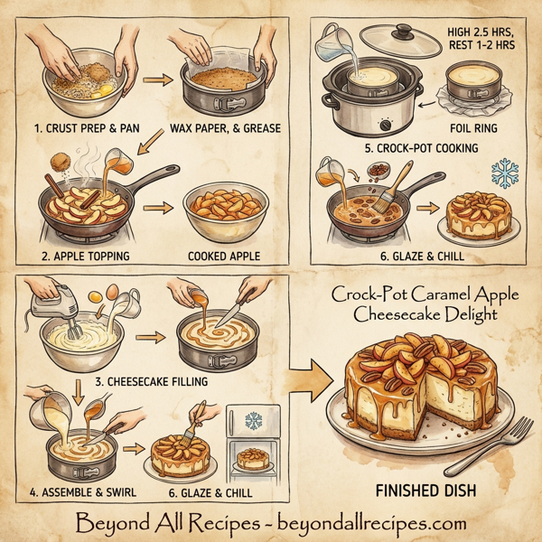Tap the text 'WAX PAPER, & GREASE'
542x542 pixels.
[x=225, y=127]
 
